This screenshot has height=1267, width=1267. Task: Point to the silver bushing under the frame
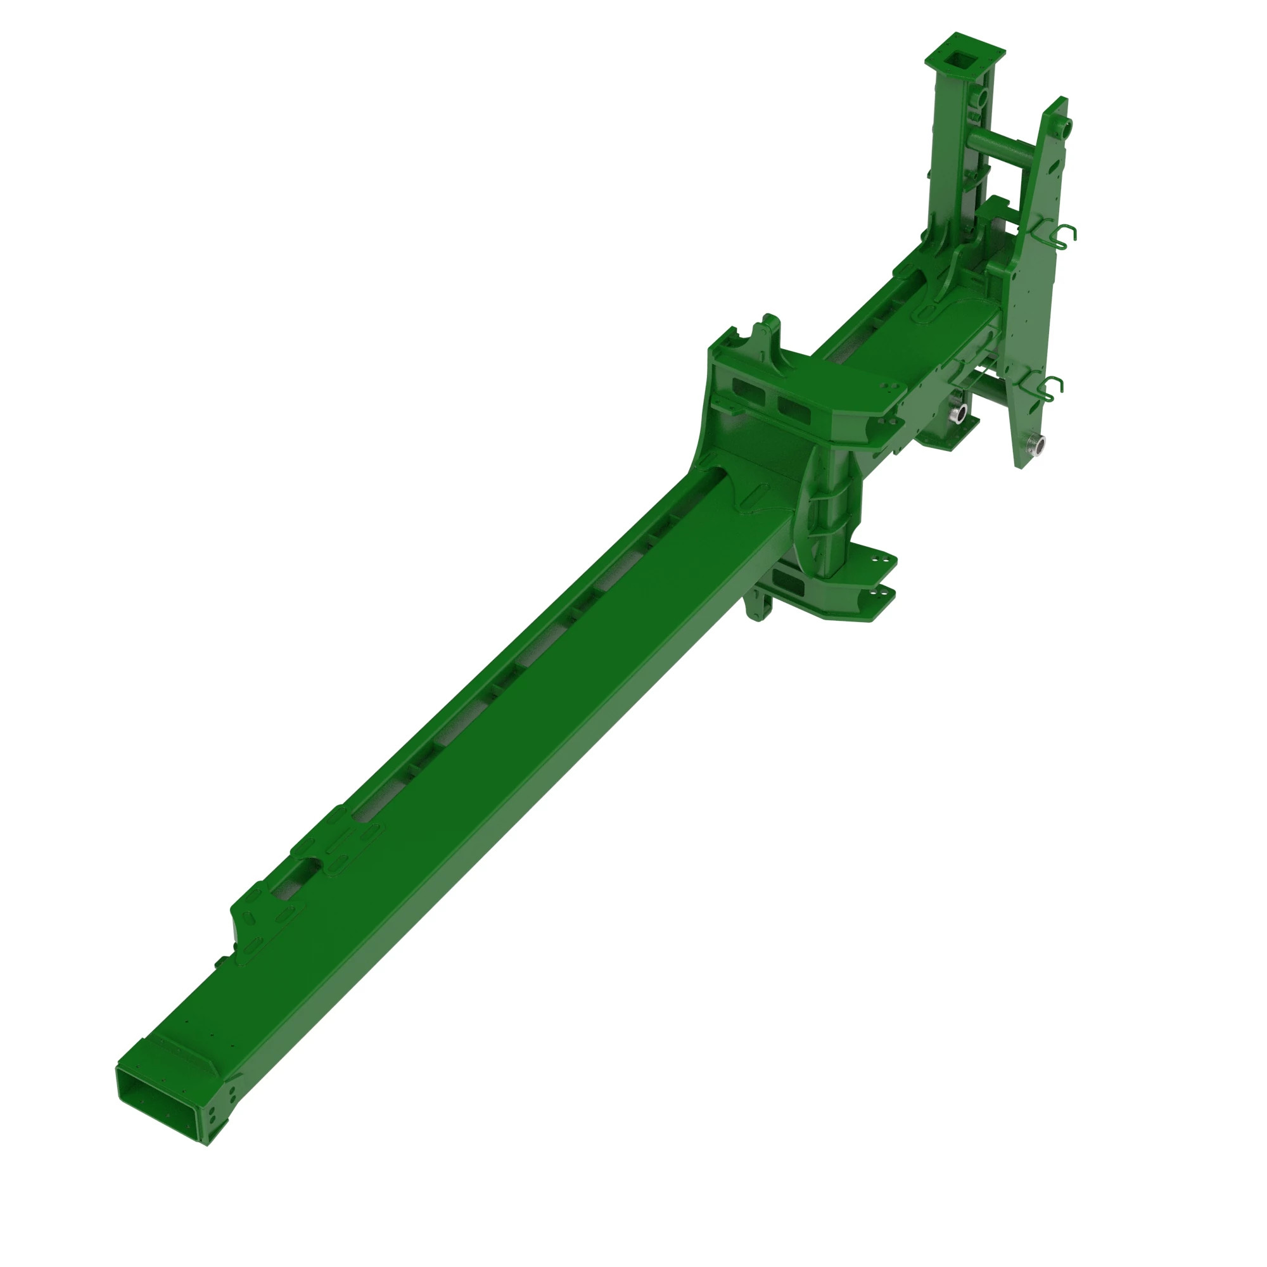coord(958,413)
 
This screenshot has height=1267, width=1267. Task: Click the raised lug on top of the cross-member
coord(768,331)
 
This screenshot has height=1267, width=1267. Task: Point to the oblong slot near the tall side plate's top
coord(1055,167)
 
